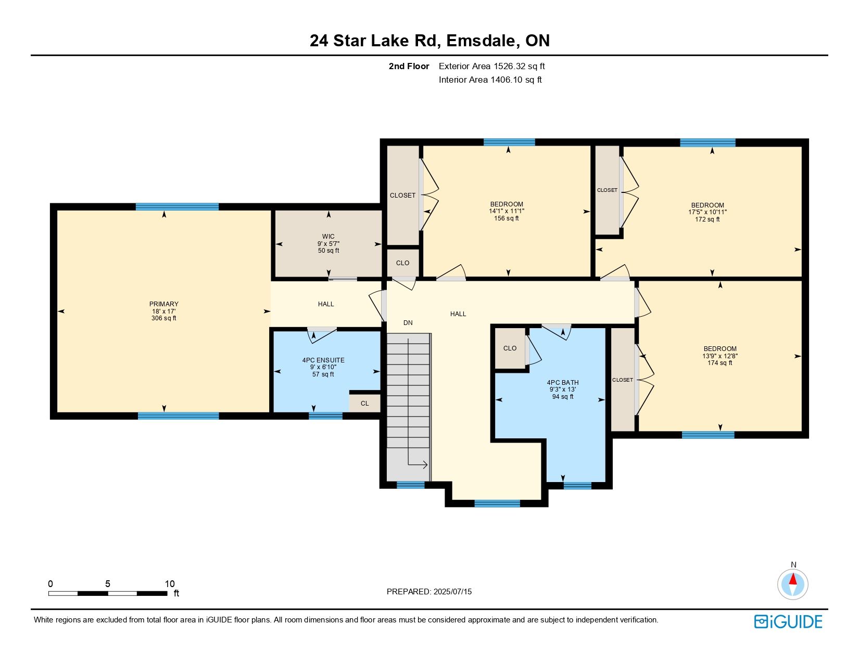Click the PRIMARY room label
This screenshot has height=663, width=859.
tap(163, 304)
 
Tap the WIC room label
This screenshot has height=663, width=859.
tap(328, 237)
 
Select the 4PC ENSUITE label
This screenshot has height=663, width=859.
tap(323, 360)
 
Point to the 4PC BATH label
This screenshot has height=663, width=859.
tap(563, 383)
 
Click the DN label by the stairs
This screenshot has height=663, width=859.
tap(408, 323)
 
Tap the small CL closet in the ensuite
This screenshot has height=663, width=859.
tap(364, 404)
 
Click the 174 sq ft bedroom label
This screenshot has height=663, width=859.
tap(720, 363)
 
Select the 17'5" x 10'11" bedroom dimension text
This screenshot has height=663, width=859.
tap(707, 212)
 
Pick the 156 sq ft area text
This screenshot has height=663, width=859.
tap(507, 218)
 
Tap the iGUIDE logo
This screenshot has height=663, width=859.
tap(788, 621)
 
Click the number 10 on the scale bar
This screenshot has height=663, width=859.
tap(170, 583)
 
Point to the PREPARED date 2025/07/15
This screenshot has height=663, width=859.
tap(452, 592)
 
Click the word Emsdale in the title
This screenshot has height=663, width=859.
tap(481, 41)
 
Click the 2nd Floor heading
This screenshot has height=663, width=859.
tap(409, 67)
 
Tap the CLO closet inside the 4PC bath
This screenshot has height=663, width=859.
tap(510, 348)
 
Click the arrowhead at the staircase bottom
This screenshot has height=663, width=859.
tap(425, 465)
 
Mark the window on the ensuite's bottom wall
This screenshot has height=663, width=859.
tap(325, 416)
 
